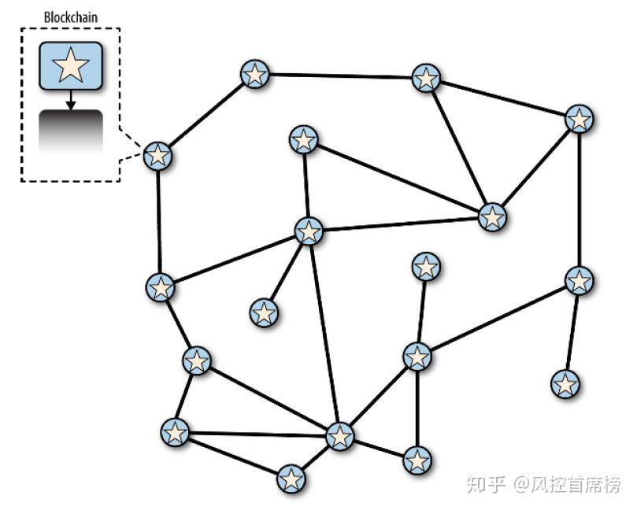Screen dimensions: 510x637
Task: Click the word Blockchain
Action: [x=70, y=15]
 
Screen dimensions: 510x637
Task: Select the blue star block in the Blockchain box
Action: [x=70, y=65]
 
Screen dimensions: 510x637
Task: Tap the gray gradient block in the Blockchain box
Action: [x=70, y=132]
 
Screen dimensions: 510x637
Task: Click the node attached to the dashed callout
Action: [x=158, y=155]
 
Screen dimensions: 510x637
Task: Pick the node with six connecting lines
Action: [x=339, y=434]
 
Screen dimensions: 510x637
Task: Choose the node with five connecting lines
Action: [x=309, y=231]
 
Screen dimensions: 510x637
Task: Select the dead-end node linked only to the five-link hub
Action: [x=265, y=313]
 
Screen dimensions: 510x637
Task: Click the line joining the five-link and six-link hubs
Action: [x=324, y=334]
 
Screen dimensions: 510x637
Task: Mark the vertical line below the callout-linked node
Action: [x=159, y=221]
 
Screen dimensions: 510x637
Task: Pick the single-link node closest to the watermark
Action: [x=565, y=384]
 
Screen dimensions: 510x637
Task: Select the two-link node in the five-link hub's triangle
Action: [x=303, y=140]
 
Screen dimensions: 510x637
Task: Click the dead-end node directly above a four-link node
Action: [x=426, y=267]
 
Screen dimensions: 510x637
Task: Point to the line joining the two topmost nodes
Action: [x=339, y=76]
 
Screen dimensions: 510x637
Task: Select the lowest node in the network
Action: [x=291, y=478]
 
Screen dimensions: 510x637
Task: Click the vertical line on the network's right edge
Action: [x=580, y=200]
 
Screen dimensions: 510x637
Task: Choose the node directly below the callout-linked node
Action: [x=160, y=287]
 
